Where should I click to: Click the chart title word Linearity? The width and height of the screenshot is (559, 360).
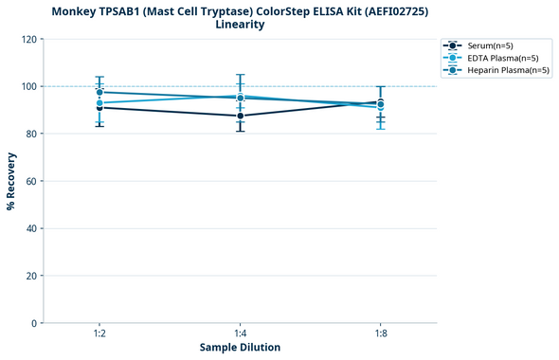click(240, 25)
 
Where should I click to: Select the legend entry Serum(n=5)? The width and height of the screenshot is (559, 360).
click(490, 45)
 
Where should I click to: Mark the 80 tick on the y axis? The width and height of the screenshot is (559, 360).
click(32, 135)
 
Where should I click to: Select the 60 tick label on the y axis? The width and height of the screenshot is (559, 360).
click(32, 182)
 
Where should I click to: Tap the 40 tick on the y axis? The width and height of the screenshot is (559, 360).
click(32, 229)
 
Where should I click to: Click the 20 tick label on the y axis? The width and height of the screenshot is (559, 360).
click(32, 277)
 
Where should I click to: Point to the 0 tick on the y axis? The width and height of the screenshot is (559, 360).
click(35, 324)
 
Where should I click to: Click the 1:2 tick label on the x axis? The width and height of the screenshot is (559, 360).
click(99, 334)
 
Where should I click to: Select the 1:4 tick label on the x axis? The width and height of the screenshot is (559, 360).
click(240, 334)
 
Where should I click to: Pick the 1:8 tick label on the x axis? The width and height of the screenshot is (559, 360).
click(380, 334)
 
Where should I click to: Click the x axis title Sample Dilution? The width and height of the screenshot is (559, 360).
click(240, 348)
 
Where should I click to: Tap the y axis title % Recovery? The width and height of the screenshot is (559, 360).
click(11, 182)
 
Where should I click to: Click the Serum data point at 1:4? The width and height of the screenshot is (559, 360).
click(240, 116)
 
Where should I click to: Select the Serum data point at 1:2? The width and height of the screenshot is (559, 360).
click(99, 107)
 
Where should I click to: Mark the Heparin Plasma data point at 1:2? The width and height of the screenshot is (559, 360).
click(99, 92)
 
